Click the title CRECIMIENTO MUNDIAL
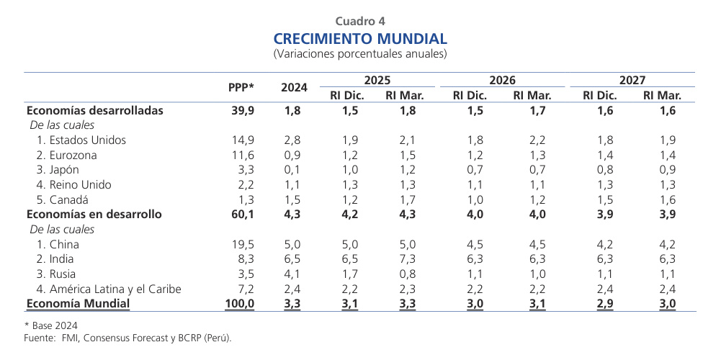(x=360, y=38)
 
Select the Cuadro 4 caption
(x=360, y=21)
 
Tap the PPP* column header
(x=241, y=87)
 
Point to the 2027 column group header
(x=632, y=81)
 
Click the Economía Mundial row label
(x=79, y=304)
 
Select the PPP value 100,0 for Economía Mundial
(x=240, y=304)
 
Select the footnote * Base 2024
(x=51, y=325)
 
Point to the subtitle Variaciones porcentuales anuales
(x=360, y=54)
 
